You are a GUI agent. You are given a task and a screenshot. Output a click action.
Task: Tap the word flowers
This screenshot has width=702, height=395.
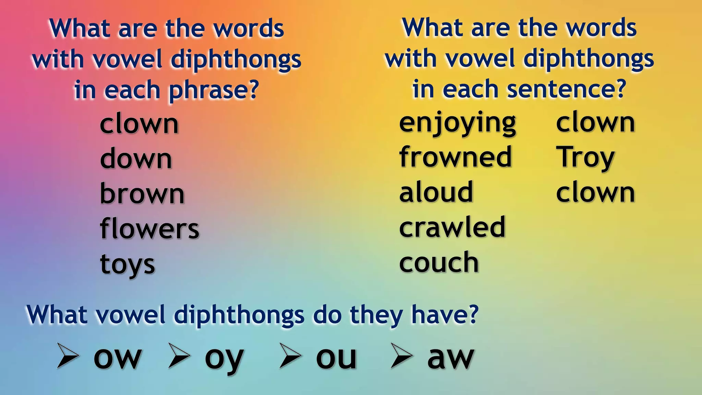[x=149, y=229]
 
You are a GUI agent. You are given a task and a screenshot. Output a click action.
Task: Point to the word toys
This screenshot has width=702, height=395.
[x=128, y=265]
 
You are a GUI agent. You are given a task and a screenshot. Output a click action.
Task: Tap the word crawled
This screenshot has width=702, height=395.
[x=452, y=227]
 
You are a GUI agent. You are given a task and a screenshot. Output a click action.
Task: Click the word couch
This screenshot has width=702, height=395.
[x=439, y=262]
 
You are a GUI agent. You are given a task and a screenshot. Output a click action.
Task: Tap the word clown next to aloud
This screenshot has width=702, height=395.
[x=595, y=193]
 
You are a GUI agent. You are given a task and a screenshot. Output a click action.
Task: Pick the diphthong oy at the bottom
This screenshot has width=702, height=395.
[x=224, y=359]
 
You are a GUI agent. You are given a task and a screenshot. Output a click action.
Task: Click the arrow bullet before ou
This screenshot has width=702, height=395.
[x=290, y=356]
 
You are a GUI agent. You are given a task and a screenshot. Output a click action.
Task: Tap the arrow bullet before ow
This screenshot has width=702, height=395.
[x=68, y=356]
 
